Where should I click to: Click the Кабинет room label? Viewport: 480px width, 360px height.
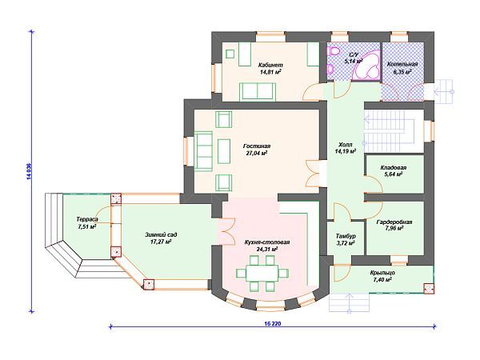coord(270,65)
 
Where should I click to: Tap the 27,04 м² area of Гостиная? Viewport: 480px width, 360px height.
coord(257,153)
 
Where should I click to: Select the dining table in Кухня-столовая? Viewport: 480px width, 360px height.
coord(262,273)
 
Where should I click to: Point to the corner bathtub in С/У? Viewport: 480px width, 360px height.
coord(366,66)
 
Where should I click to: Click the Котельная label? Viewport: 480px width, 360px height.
coord(402,64)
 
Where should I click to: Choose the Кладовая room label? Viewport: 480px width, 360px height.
coord(394,167)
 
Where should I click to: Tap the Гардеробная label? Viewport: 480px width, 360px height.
coord(394,222)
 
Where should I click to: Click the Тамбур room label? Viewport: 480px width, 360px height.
coord(346,236)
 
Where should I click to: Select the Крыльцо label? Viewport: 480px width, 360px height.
coord(382,273)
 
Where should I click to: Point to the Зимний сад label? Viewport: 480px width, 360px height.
coord(161,234)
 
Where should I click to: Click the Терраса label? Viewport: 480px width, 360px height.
coord(87,219)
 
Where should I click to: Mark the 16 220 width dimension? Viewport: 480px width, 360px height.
coord(271,323)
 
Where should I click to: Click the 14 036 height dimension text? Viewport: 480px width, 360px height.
coord(29,172)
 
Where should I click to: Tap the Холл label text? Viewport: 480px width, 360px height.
coord(346,145)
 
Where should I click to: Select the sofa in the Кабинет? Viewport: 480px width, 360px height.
coord(258,90)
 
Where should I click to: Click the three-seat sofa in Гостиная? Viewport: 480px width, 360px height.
coord(203,151)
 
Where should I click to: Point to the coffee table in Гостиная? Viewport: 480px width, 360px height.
coord(224,151)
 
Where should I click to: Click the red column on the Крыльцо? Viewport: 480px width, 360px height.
coord(429,289)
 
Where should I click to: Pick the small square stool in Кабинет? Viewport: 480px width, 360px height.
coord(230,54)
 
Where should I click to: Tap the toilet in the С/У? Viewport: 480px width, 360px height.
coord(333,51)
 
